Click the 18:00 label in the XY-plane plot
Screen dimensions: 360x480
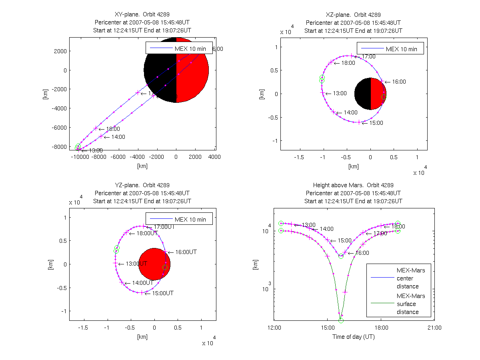[x=113, y=129]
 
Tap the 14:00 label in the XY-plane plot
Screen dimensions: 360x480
[x=118, y=137]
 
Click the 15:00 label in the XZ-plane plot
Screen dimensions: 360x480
[x=376, y=123]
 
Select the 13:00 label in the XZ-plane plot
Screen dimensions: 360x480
[x=340, y=93]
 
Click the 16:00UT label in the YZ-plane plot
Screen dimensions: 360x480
[x=186, y=252]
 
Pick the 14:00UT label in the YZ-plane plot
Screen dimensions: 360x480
[x=143, y=283]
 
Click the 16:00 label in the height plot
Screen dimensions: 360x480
[x=362, y=253]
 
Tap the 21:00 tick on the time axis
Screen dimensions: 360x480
[x=434, y=328]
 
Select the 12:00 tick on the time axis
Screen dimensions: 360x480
[x=274, y=328]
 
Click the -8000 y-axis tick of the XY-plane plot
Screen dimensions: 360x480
[x=59, y=146]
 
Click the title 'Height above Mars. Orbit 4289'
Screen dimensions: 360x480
[x=353, y=185]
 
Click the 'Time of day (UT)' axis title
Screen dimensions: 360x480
[x=353, y=337]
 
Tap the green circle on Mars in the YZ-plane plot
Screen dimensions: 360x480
[x=165, y=267]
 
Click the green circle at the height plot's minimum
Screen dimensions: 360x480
[x=341, y=320]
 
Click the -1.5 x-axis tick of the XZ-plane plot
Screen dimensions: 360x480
[x=299, y=157]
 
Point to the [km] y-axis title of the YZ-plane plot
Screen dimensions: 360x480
[x=50, y=264]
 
